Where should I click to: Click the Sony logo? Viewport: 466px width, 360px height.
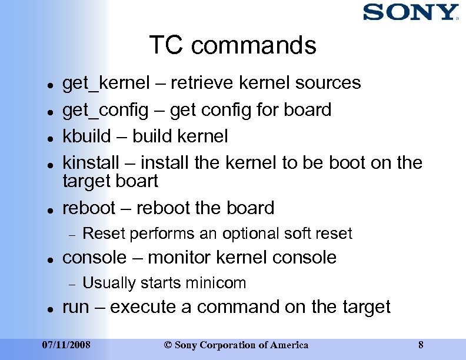point(410,12)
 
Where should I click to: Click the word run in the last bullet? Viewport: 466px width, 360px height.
point(75,307)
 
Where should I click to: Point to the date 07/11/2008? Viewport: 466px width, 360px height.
point(66,345)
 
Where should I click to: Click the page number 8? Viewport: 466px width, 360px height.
point(420,345)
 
